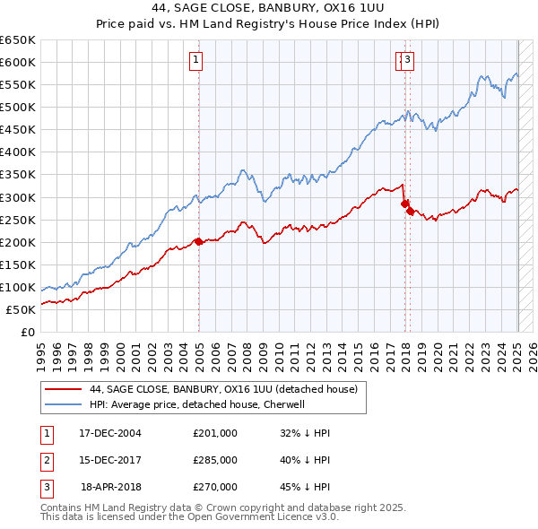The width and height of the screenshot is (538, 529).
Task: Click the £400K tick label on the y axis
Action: pos(18,152)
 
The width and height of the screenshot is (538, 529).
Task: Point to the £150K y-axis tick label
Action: pos(18,264)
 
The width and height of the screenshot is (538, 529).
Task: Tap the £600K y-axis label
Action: pos(18,62)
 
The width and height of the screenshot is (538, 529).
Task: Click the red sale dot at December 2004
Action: pos(198,241)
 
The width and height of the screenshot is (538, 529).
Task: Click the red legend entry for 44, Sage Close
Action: pos(223,389)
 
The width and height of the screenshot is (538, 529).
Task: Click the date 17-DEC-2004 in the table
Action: pos(110,433)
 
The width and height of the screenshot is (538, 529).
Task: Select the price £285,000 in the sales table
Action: pos(215,460)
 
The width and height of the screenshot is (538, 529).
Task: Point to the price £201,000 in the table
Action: pos(215,433)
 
